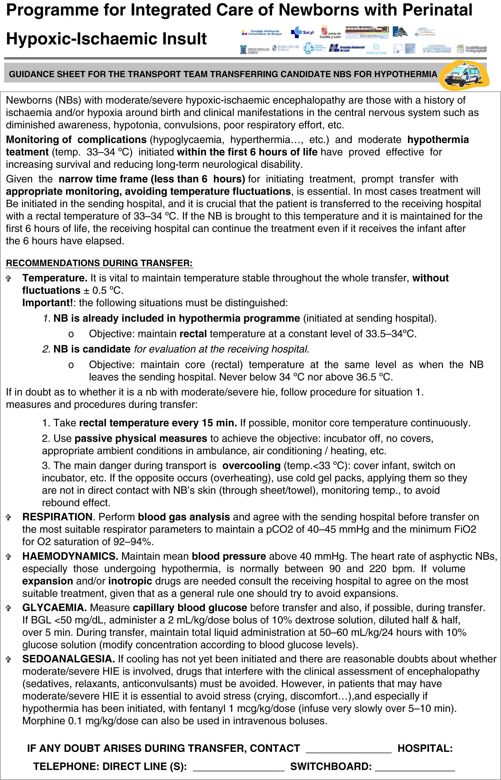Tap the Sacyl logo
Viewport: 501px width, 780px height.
[x=302, y=32]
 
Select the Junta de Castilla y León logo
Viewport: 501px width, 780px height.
[x=330, y=32]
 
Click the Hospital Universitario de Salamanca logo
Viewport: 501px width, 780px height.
[x=437, y=49]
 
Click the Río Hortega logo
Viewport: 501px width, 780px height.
[x=367, y=32]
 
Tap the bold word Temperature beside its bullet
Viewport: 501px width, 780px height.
[x=55, y=278]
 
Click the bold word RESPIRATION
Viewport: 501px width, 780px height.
[x=57, y=516]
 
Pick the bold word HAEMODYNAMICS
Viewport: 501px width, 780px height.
[x=70, y=556]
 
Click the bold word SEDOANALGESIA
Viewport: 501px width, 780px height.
[x=68, y=659]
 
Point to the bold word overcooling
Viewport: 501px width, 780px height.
[x=251, y=465]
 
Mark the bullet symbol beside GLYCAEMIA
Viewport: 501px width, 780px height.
[x=9, y=608]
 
